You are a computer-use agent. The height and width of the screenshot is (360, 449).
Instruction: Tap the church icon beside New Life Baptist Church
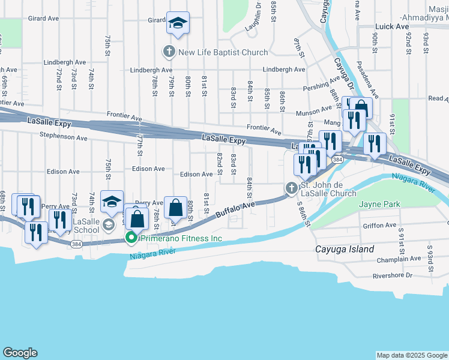click(169, 52)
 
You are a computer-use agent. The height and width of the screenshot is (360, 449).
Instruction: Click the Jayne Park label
click(379, 205)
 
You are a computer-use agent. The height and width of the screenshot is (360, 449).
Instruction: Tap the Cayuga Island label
click(345, 249)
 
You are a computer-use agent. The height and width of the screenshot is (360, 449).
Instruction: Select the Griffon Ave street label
click(381, 226)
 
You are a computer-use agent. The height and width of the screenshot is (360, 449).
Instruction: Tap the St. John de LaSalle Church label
click(328, 189)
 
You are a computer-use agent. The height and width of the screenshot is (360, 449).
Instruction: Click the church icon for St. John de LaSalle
click(292, 188)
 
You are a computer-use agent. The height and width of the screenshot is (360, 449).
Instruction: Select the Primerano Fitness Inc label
click(181, 238)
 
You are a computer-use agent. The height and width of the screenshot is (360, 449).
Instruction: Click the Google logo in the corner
click(20, 353)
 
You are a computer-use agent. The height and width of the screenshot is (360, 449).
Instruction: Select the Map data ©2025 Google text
click(411, 355)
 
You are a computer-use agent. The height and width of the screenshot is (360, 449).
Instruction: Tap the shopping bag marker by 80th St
click(175, 209)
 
